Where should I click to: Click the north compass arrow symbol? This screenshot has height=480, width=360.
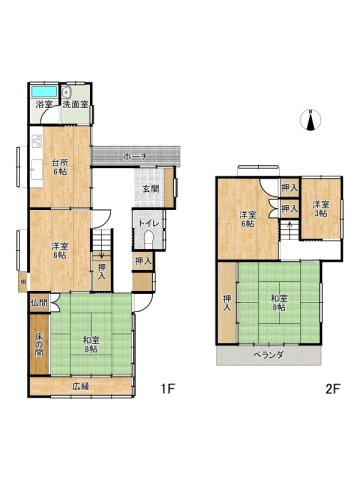click(x=311, y=121)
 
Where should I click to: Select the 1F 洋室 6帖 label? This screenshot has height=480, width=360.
click(x=60, y=250)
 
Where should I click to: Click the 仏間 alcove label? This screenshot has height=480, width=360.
click(x=38, y=301)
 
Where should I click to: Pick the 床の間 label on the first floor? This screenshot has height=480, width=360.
click(x=37, y=343)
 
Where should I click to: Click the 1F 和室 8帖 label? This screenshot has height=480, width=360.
click(x=91, y=345)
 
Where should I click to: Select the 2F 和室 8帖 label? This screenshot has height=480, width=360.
click(x=278, y=303)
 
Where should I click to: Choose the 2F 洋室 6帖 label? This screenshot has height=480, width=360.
click(x=248, y=219)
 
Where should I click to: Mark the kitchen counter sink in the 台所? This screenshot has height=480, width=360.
click(x=35, y=141)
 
